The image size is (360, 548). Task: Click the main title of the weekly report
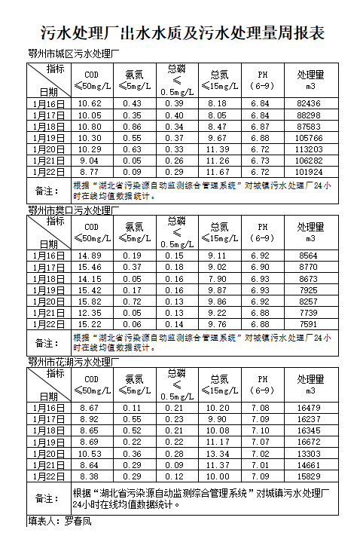181,34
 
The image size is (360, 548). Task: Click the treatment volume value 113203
309,149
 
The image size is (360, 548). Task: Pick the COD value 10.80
90,127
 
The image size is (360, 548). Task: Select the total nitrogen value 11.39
218,149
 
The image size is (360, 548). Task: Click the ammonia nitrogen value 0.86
133,127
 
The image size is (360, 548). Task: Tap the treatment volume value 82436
309,103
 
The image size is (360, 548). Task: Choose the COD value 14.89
90,256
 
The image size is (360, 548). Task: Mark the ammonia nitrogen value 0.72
133,302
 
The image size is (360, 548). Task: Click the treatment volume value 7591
309,324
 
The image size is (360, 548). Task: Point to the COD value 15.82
90,302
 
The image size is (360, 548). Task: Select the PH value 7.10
261,430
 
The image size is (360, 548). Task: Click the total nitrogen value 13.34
218,454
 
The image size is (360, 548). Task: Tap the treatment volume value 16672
309,442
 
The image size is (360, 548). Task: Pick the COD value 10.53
90,454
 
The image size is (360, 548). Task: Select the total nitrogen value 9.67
218,138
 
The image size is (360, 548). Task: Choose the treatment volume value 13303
309,454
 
